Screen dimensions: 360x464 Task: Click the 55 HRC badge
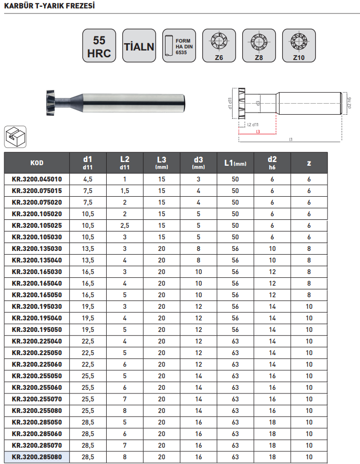click(99, 46)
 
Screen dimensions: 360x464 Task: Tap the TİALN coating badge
click(139, 46)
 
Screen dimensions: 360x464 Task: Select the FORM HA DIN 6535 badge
click(179, 46)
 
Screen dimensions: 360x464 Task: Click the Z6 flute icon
click(219, 46)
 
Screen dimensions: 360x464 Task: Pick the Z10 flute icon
click(299, 46)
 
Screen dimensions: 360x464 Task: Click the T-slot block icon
click(15, 137)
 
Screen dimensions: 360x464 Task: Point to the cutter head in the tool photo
click(52, 103)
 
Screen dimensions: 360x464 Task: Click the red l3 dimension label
click(258, 132)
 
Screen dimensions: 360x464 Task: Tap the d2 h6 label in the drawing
click(349, 103)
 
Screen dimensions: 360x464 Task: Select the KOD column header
click(37, 163)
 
